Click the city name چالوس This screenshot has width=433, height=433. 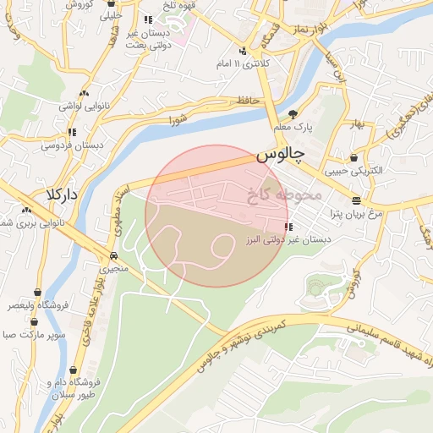(x=279, y=157)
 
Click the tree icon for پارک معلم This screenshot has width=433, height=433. (x=293, y=113)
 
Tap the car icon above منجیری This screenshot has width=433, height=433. (x=112, y=255)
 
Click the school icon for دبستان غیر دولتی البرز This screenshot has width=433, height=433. (x=289, y=227)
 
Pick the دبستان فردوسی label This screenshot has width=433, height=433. (x=74, y=145)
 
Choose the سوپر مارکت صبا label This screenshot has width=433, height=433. (x=34, y=336)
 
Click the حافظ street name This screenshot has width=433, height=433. (x=246, y=101)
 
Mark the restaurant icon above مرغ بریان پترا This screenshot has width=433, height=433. (x=356, y=201)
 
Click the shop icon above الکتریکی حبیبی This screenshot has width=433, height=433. (x=353, y=157)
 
